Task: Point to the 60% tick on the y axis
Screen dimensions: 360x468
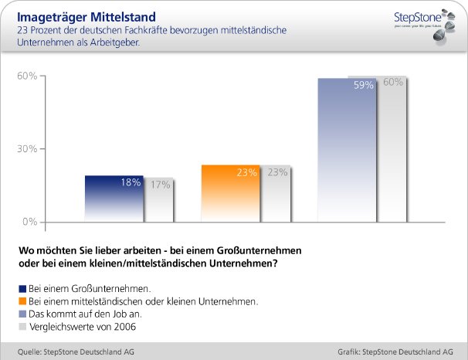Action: tap(27, 76)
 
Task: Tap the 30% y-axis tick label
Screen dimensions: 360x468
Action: tap(27, 149)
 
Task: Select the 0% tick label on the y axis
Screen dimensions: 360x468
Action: tap(29, 222)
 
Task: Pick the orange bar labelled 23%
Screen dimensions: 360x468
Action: tap(229, 197)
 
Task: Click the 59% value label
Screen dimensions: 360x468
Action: tap(364, 86)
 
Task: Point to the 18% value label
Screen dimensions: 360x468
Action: tap(131, 183)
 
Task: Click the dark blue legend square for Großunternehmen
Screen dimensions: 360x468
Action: tap(21, 287)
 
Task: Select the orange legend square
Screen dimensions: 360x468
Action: tap(21, 301)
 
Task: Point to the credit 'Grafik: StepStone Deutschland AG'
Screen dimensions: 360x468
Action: tap(395, 352)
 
